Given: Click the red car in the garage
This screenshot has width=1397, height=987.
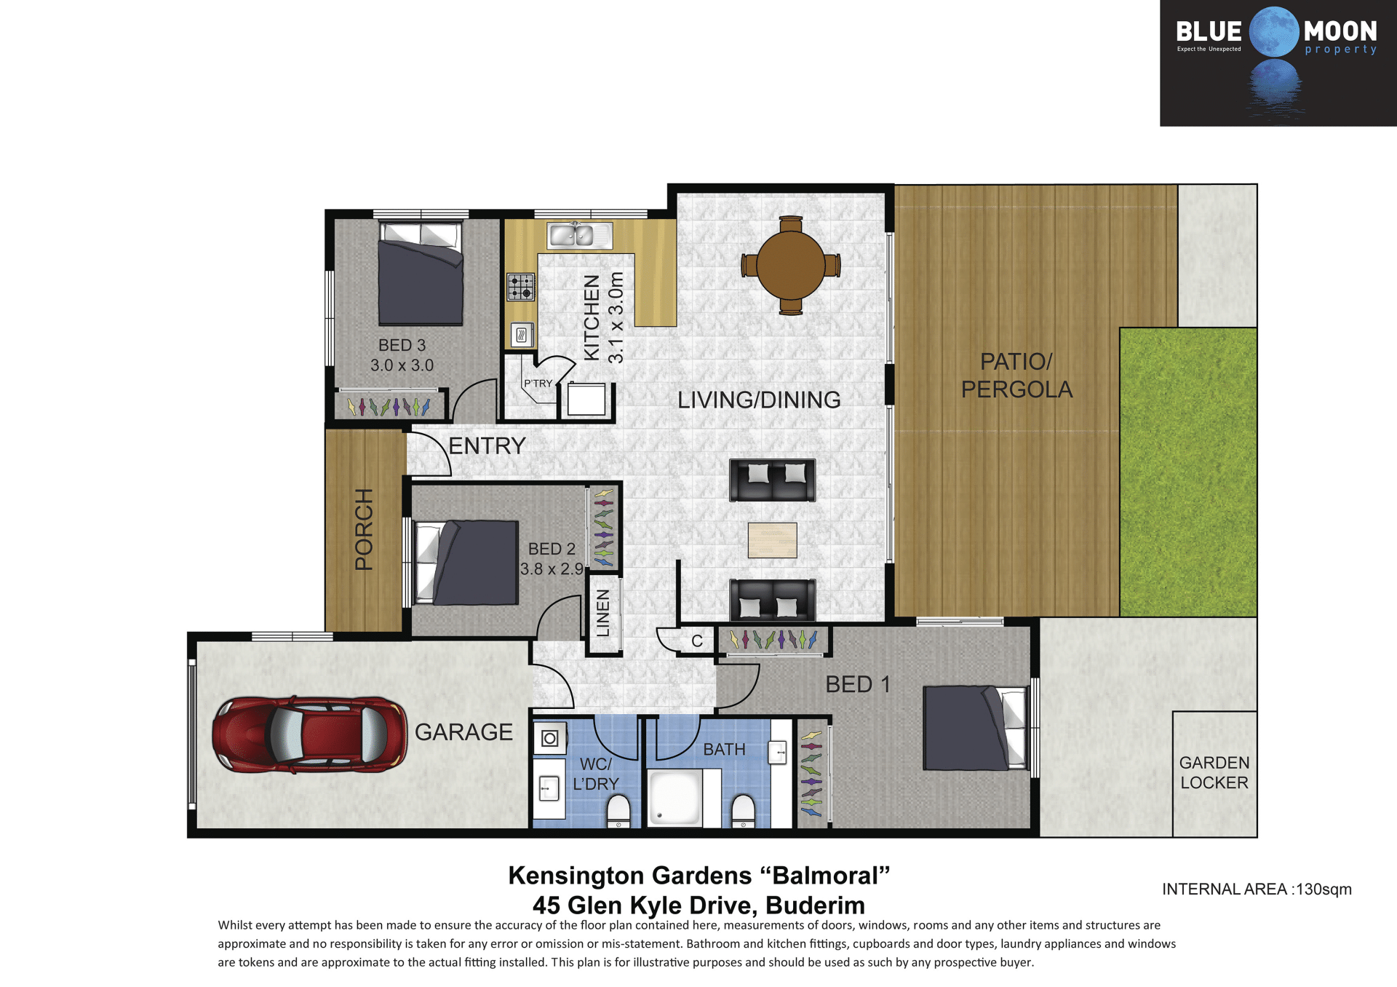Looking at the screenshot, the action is click(309, 734).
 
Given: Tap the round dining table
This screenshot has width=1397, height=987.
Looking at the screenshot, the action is click(790, 265).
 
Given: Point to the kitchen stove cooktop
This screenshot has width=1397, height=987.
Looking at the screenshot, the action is click(520, 287).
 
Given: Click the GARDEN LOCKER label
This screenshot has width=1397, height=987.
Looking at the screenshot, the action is click(1214, 772).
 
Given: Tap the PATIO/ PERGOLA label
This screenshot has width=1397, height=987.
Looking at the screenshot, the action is click(1016, 376).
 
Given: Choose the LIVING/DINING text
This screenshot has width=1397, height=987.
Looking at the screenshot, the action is click(759, 400).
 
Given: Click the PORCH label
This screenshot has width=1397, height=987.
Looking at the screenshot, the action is click(364, 529).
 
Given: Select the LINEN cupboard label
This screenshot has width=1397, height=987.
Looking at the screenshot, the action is click(603, 613).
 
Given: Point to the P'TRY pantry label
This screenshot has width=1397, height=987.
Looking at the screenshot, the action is click(538, 384).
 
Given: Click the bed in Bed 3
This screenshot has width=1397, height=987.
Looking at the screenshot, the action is click(421, 273).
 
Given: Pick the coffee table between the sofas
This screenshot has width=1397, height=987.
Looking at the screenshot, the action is click(772, 540).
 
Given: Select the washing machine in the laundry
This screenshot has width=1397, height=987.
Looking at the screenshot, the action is click(550, 739).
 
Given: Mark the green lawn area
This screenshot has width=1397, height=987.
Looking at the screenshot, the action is click(1187, 472).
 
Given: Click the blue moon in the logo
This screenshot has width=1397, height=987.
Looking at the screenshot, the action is click(1274, 32).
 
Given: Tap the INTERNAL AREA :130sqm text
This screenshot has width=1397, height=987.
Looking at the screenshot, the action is click(1257, 889).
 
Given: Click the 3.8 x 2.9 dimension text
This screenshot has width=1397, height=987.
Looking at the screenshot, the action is click(552, 569).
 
